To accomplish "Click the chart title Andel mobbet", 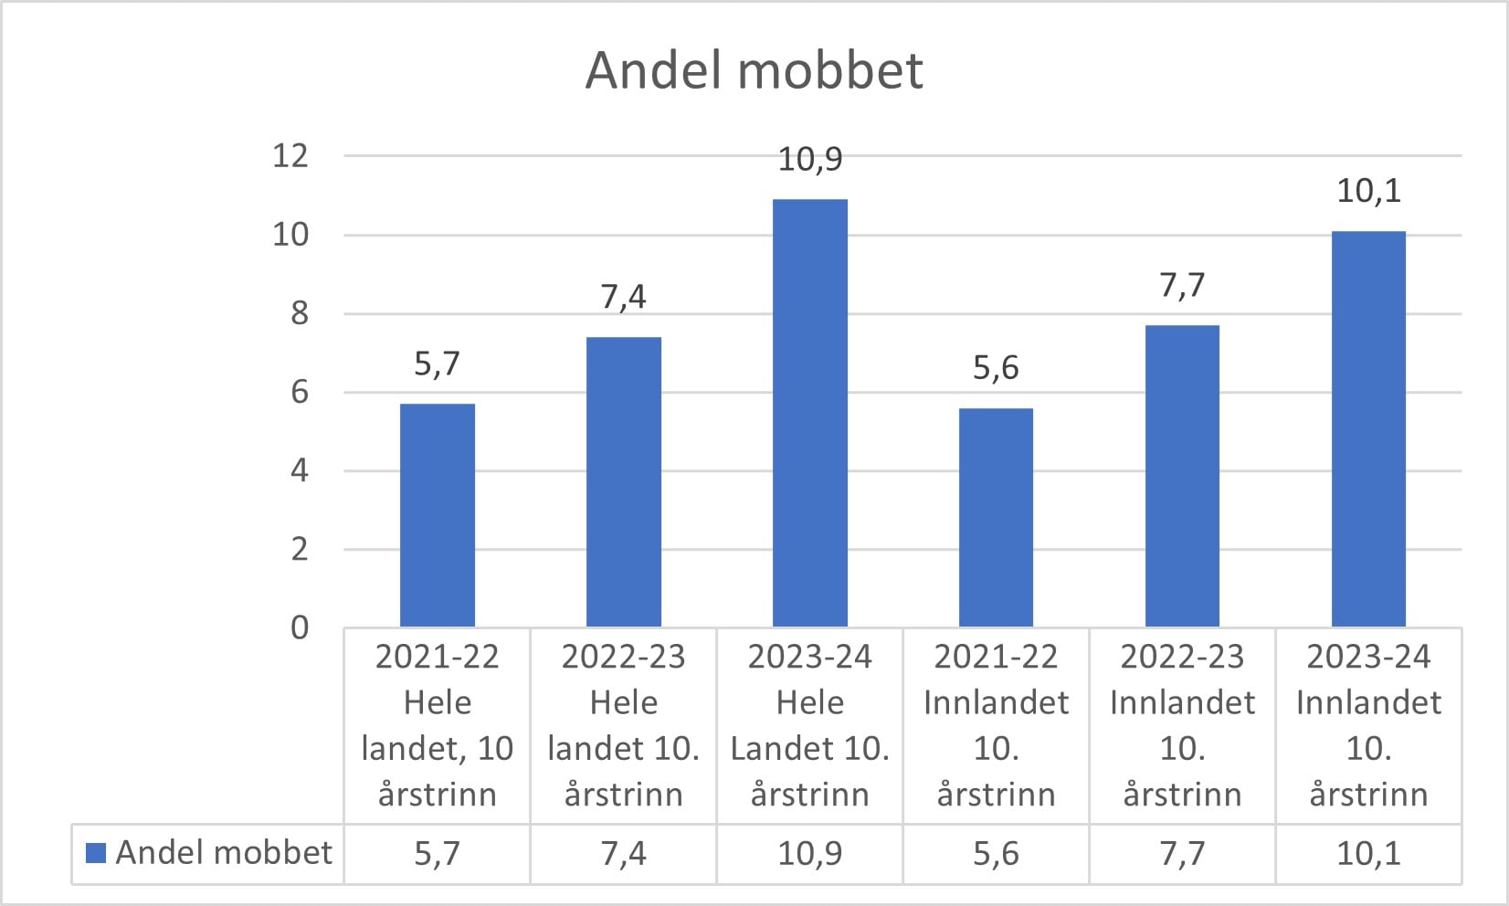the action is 754,70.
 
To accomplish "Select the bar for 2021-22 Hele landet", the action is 438,515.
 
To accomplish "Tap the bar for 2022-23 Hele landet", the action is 624,481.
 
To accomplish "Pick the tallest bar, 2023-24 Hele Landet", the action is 809,413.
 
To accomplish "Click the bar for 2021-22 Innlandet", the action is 996,517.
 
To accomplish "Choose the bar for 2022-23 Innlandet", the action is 1182,476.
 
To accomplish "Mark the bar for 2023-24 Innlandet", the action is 1369,429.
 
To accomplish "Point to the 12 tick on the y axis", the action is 290,155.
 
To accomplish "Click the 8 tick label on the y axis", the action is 300,313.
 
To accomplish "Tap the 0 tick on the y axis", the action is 300,627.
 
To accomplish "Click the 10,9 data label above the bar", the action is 809,160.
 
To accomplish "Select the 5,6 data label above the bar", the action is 996,368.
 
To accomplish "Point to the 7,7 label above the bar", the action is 1182,286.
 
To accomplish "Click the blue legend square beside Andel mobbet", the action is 96,853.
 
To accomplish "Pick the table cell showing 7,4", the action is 624,853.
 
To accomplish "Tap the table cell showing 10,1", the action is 1369,853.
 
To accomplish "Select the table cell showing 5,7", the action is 438,853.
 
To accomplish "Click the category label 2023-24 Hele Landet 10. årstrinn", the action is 809,725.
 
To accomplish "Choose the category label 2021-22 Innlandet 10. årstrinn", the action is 996,725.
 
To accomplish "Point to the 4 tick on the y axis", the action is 300,470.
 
